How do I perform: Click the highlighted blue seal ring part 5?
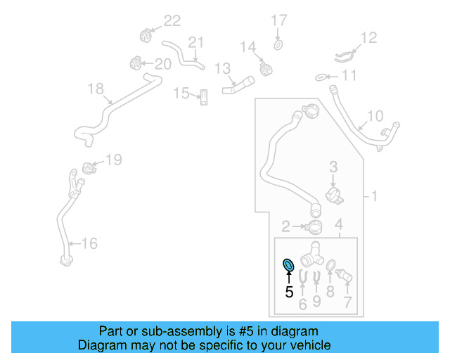(288, 265)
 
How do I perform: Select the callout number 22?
(172, 21)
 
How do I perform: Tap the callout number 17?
(279, 20)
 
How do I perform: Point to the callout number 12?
(368, 37)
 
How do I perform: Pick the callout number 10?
(375, 116)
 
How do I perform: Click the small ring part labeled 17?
(278, 46)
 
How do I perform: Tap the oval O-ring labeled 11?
(319, 76)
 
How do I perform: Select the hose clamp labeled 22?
(146, 33)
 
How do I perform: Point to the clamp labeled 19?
(89, 169)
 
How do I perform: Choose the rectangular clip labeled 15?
(203, 96)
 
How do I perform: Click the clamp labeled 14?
(265, 69)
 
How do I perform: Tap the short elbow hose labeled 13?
(236, 87)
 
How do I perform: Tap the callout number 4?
(338, 224)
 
